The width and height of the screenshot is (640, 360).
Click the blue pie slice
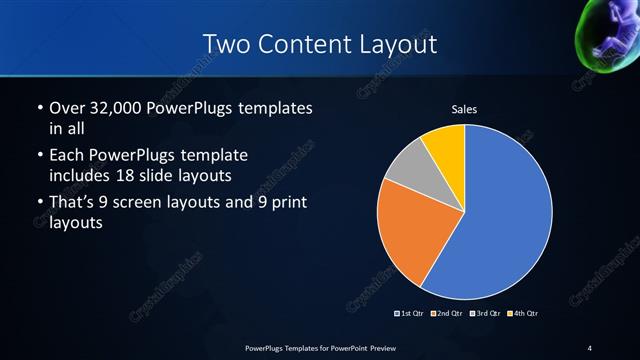pyautogui.click(x=500, y=210)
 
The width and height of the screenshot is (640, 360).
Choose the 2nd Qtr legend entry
pyautogui.click(x=447, y=314)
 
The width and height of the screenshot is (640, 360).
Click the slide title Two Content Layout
pyautogui.click(x=319, y=43)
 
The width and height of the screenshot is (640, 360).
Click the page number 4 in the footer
pyautogui.click(x=589, y=347)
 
